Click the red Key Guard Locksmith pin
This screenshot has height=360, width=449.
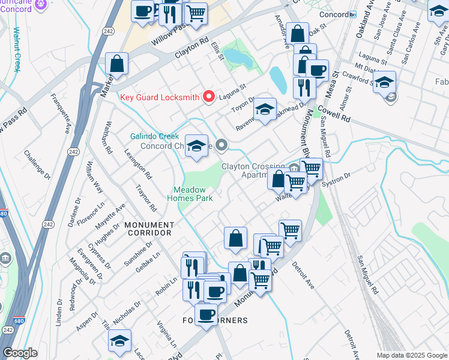coord(209,97)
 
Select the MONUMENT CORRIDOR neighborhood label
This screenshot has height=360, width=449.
coord(148,232)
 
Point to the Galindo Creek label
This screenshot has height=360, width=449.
coord(155,136)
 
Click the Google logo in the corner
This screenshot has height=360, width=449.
coord(20,353)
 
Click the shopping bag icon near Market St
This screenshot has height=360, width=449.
coord(117,64)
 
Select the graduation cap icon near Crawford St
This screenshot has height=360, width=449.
coord(385,82)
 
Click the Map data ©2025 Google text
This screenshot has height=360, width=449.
coord(411,355)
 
